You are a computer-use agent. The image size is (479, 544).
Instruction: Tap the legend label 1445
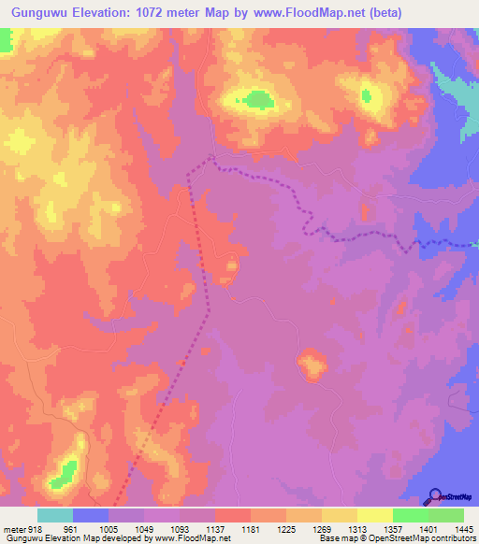(x=463, y=529)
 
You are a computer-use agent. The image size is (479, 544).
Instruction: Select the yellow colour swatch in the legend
(x=374, y=515)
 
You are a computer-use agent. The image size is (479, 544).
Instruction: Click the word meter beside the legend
(x=14, y=529)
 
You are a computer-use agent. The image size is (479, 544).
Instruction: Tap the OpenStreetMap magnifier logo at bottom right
(x=436, y=495)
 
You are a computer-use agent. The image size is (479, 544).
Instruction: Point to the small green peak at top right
(x=366, y=93)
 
